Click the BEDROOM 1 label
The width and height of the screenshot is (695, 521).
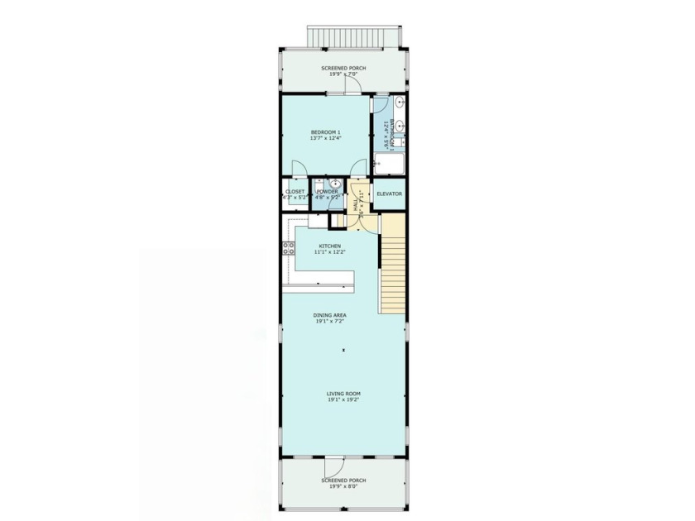coord(326,132)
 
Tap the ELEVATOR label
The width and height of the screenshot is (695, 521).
coord(389,194)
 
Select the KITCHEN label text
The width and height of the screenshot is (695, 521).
coord(330,246)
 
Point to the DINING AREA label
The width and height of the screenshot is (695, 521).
coord(329,315)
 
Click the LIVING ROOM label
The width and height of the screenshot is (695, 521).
coord(343,394)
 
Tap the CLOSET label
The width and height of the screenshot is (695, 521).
coord(295,192)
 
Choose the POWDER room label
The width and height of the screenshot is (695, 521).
coord(327,193)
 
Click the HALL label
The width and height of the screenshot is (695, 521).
coord(356,203)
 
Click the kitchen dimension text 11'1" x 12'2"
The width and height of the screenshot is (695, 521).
coord(330,252)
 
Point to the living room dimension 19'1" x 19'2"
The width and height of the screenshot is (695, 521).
coord(343,400)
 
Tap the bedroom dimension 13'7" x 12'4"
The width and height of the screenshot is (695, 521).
coord(326,138)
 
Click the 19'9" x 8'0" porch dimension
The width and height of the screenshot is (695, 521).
coord(343,486)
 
